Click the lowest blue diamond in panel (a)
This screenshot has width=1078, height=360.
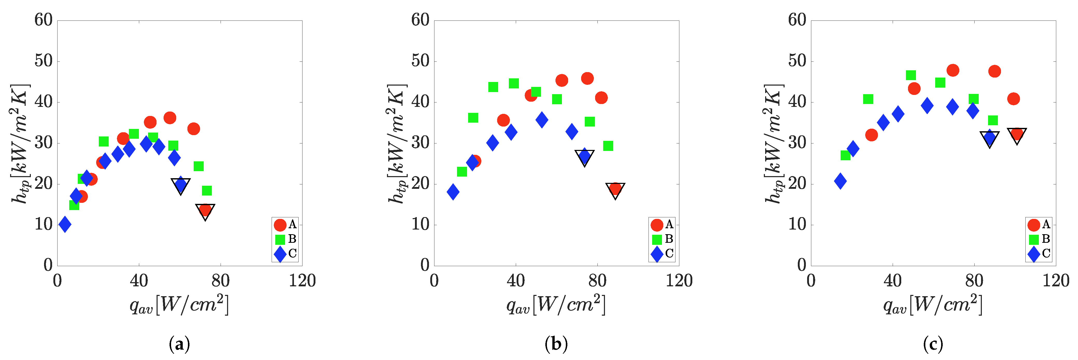coord(65,224)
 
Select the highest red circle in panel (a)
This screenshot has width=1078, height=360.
coord(170,118)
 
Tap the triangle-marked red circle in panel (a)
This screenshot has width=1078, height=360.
coord(205,210)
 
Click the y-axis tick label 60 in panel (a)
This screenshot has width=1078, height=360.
coord(44,20)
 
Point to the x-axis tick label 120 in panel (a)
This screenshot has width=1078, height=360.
coord(302,280)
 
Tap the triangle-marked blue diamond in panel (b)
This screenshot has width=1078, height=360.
coord(584,157)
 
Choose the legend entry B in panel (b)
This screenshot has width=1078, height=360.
coord(663,239)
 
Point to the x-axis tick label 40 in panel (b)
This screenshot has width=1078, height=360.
coord(516,280)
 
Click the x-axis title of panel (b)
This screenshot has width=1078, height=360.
coord(556,305)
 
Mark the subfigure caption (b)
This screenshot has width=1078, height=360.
coord(556,344)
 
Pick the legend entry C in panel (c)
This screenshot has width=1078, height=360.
coord(1039,253)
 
